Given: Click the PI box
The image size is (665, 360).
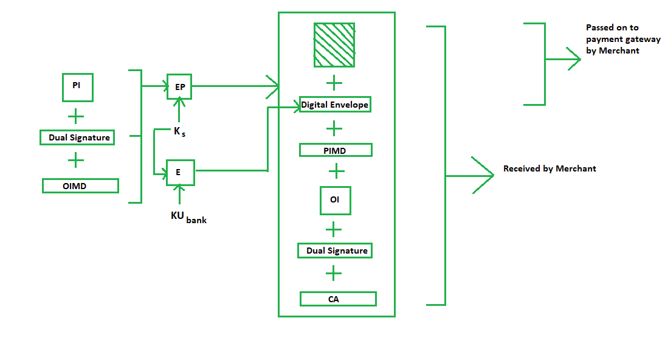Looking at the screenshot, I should (x=77, y=87).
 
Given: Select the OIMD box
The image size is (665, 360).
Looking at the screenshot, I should (x=80, y=185).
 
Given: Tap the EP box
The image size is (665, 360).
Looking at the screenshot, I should (x=179, y=87).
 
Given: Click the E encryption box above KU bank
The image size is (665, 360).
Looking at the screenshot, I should (x=179, y=172).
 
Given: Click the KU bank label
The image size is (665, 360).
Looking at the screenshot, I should (x=188, y=216).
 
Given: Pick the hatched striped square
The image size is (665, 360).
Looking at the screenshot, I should (x=334, y=45).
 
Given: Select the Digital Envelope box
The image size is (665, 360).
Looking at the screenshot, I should (x=335, y=105).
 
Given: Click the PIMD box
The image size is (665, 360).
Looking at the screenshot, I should (x=335, y=150).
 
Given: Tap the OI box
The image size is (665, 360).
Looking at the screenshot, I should (x=336, y=200).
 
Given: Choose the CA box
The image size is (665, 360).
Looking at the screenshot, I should (x=338, y=299).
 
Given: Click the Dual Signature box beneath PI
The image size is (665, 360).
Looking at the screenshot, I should (x=77, y=137).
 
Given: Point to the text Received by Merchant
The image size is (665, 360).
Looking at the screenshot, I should (x=550, y=168).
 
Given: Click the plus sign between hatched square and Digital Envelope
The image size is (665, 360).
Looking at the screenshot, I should (x=334, y=83).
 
